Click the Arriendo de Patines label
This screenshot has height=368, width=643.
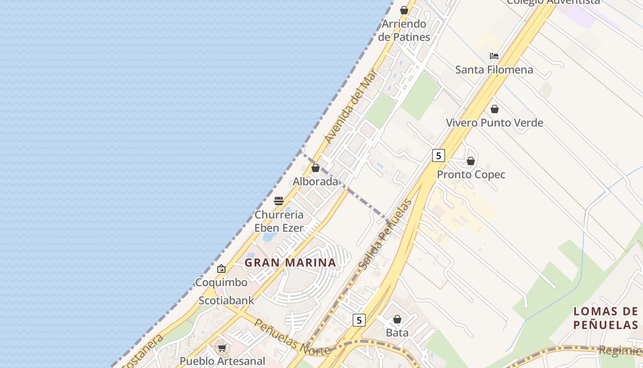tap(404, 30)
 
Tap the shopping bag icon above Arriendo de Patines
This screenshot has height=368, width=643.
tap(404, 10)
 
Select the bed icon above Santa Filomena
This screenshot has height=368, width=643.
tap(494, 56)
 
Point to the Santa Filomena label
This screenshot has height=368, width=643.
tap(494, 70)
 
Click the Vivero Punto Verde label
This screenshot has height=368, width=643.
tap(495, 123)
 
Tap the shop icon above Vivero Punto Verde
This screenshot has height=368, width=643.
tap(495, 109)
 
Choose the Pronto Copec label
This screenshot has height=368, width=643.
tap(471, 175)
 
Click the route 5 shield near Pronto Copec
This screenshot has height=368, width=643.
tap(439, 155)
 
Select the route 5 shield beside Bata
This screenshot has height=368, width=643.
tap(359, 320)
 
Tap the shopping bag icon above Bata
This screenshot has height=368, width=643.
tap(397, 319)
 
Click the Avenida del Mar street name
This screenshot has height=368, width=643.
tap(350, 106)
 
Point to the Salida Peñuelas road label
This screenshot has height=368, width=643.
tap(385, 235)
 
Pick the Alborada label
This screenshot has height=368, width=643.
tap(316, 182)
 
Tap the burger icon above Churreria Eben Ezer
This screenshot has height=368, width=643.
tap(279, 201)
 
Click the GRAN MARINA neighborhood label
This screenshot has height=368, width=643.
tap(290, 263)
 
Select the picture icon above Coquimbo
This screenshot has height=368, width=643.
tap(221, 269)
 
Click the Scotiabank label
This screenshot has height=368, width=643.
tap(226, 300)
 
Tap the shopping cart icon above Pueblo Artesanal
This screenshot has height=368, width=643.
tap(222, 348)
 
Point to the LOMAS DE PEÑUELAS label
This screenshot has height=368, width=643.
tap(606, 318)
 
